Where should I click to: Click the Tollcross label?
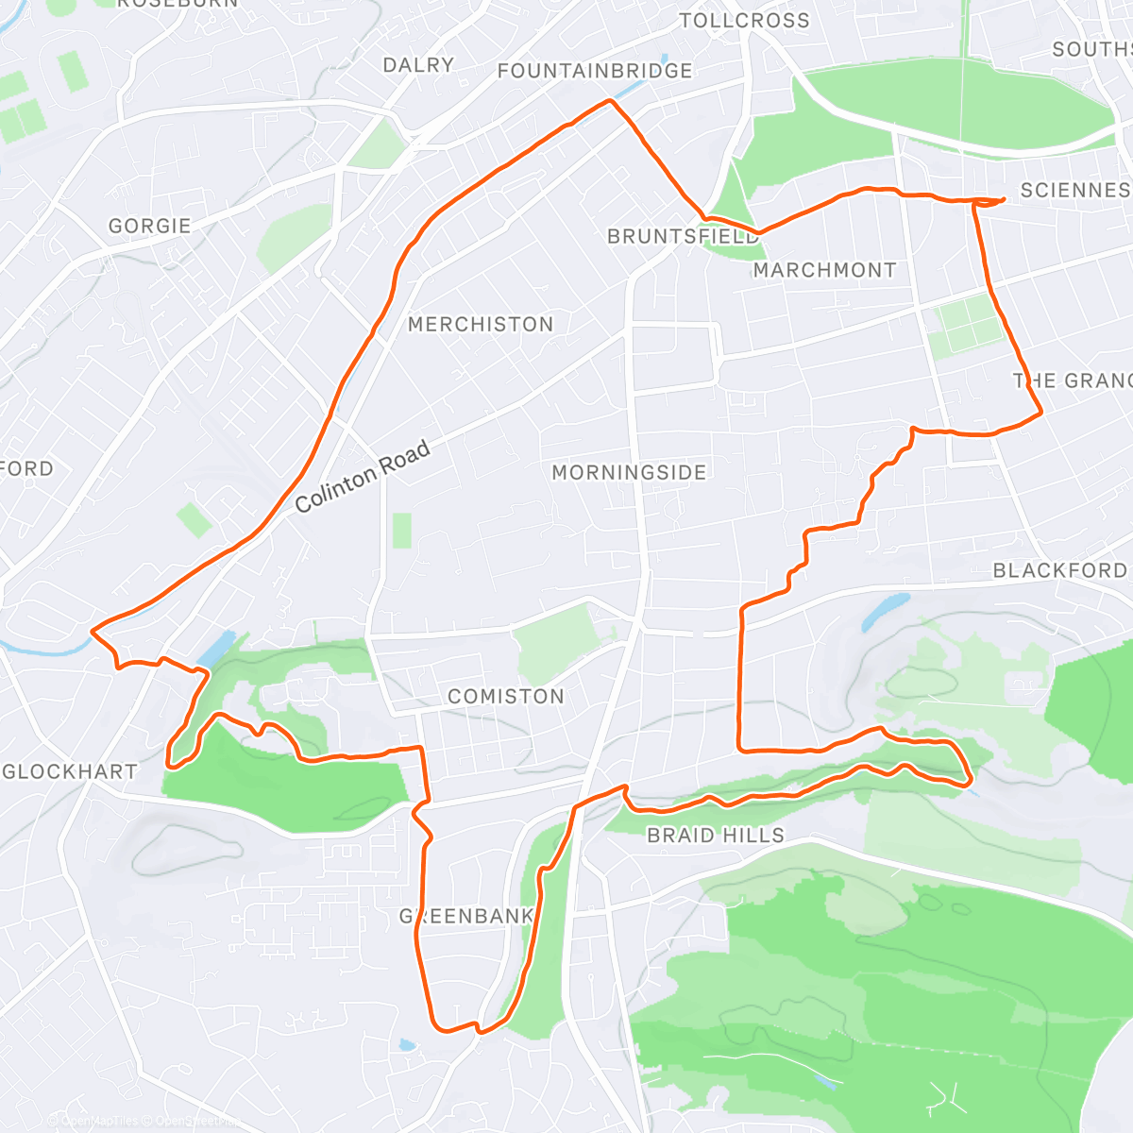[x=744, y=20]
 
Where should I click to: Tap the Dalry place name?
[x=418, y=64]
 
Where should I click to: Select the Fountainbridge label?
[x=595, y=71]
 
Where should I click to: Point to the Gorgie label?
[x=149, y=226]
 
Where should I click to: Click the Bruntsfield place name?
[x=684, y=236]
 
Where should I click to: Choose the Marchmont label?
[x=824, y=270]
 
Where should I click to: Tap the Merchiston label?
[x=481, y=324]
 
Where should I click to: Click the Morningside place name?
[x=629, y=472]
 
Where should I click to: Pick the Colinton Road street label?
[x=363, y=477]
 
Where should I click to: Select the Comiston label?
[x=506, y=696]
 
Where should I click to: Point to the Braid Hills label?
[x=716, y=835]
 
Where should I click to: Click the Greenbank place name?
[x=466, y=916]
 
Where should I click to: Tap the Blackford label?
[x=1059, y=570]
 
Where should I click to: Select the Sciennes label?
[x=1074, y=190]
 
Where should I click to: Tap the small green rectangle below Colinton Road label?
[x=401, y=531]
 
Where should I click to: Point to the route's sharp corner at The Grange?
[x=1040, y=412]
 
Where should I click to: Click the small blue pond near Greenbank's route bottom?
[x=406, y=1045]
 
